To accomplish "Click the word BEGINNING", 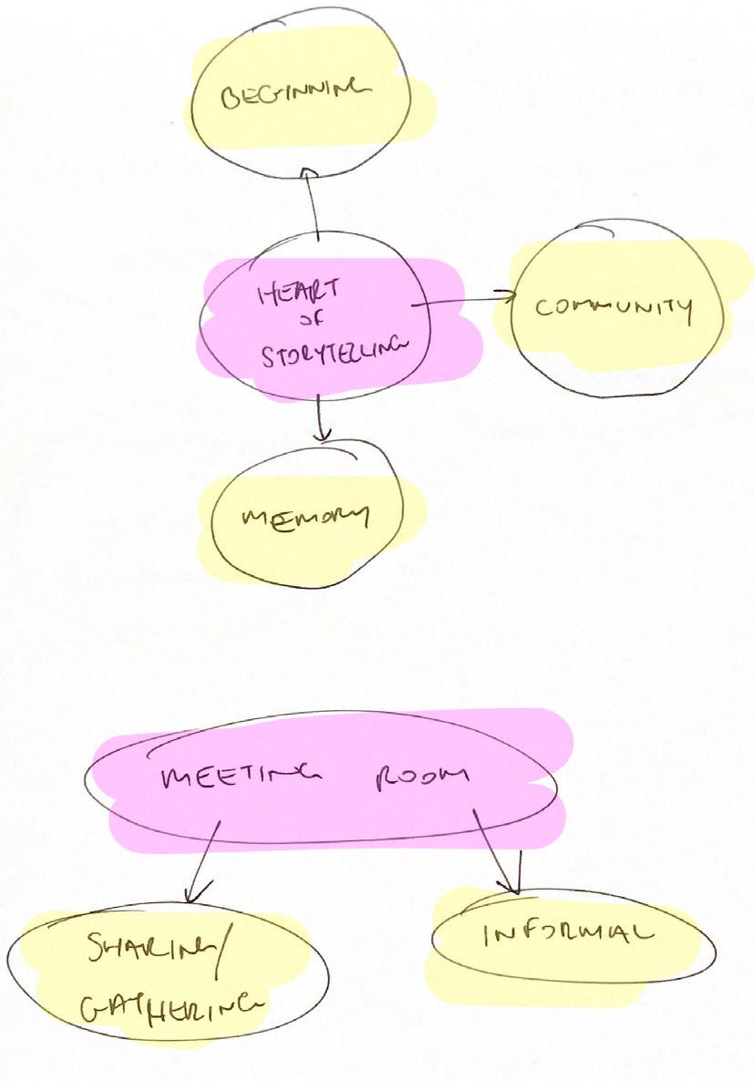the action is pyautogui.click(x=296, y=92).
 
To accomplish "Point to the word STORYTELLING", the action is pyautogui.click(x=332, y=354).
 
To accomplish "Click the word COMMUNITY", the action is pyautogui.click(x=614, y=307).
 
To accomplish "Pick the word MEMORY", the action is pyautogui.click(x=305, y=518).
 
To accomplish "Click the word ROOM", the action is pyautogui.click(x=421, y=777).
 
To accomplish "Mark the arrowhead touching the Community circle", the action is pyautogui.click(x=507, y=294).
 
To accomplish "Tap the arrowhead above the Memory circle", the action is pyautogui.click(x=319, y=436).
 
